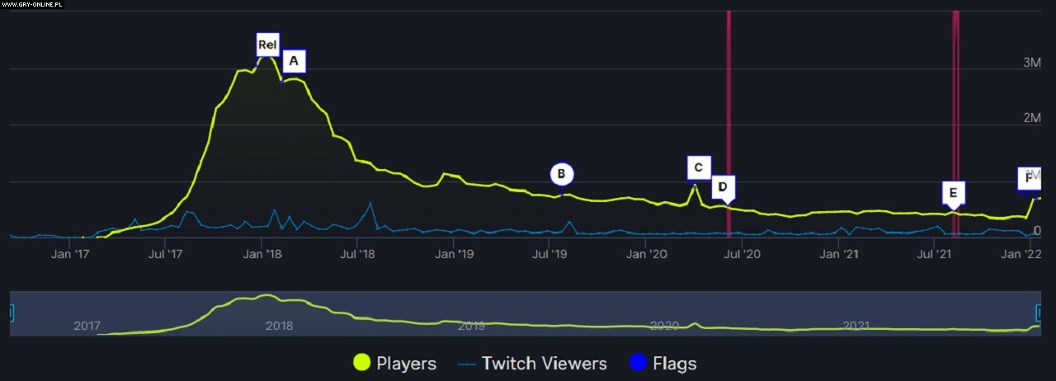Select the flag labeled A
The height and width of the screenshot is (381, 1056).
[293, 60]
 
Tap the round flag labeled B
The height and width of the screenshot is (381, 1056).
[561, 174]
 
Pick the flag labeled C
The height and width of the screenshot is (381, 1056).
[698, 168]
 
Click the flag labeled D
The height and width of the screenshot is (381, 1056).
[723, 187]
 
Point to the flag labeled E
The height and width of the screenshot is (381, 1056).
[953, 193]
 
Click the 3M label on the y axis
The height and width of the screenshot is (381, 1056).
[1031, 63]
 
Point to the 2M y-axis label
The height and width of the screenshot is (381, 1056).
[1031, 119]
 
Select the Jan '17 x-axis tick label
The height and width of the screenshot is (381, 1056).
[70, 255]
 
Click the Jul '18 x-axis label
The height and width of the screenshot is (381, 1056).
[357, 255]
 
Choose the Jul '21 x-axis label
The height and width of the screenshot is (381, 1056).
[934, 255]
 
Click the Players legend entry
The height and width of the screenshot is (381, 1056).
[395, 363]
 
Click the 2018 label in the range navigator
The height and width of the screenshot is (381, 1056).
[279, 326]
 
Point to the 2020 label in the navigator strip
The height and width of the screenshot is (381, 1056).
[664, 326]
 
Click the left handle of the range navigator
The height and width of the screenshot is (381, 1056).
[12, 313]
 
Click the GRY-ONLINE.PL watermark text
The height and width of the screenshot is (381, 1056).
[32, 4]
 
